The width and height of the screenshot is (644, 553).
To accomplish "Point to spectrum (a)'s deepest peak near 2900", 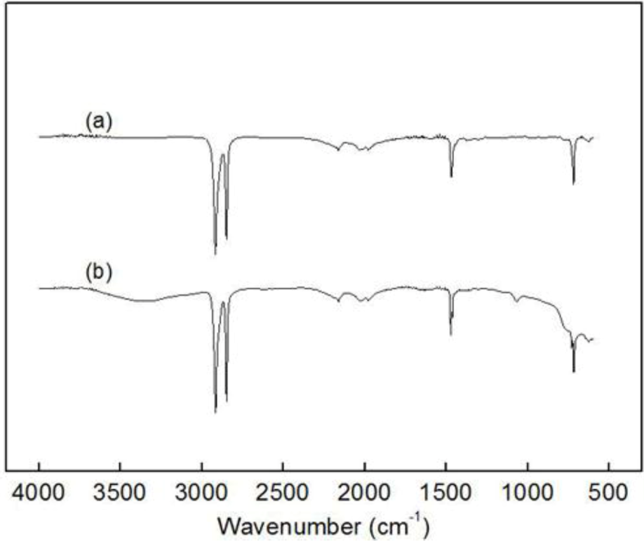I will click(x=215, y=253).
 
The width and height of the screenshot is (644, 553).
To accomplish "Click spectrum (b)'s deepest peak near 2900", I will click(x=215, y=411).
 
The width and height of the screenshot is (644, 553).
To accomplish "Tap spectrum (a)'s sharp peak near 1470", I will click(x=451, y=177).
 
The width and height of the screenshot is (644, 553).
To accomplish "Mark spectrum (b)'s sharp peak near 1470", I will click(x=451, y=334).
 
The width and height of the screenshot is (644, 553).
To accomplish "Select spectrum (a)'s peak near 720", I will click(x=573, y=183).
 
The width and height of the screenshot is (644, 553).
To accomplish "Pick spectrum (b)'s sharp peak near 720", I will click(x=573, y=371).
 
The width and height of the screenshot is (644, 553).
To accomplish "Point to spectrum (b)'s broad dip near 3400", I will click(x=143, y=301).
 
